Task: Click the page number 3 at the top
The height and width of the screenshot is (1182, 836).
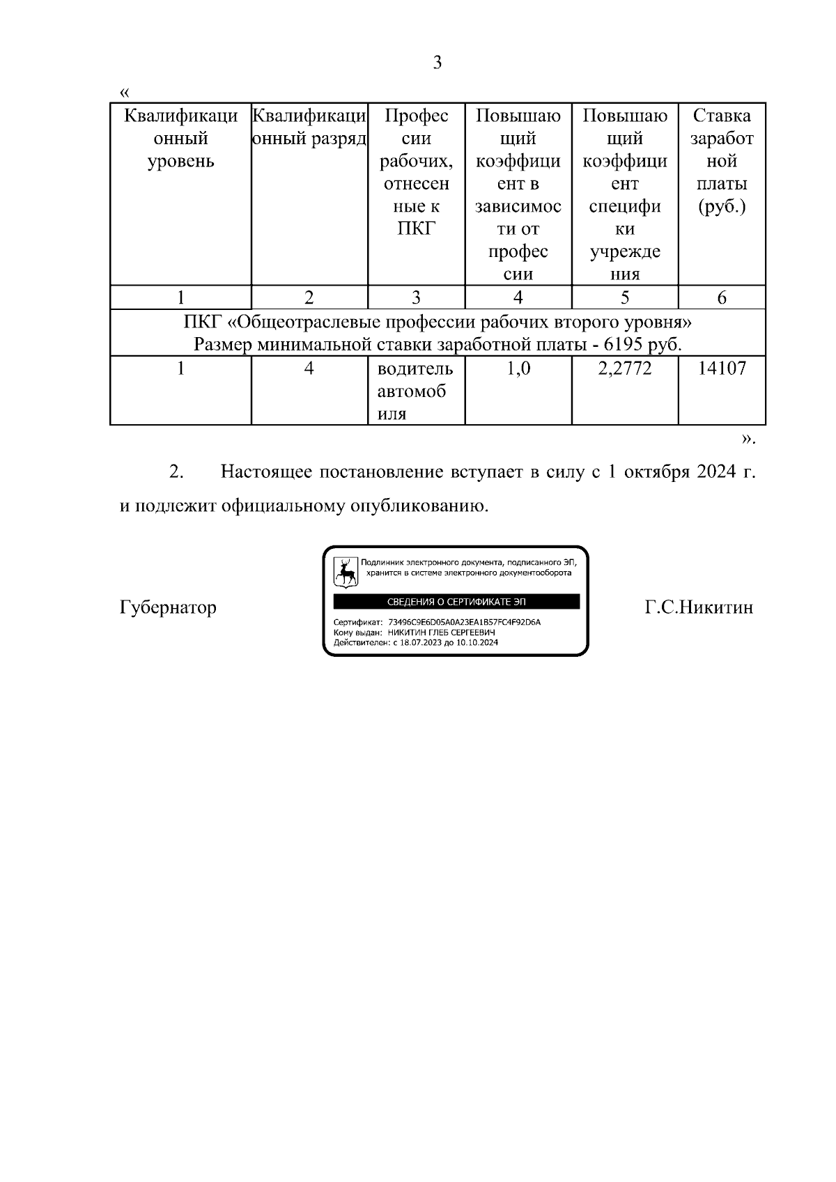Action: coord(438,63)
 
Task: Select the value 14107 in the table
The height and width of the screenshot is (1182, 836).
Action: coord(722,368)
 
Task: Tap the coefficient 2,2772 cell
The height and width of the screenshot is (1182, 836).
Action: coord(625,368)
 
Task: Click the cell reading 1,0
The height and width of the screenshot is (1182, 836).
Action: coord(518,368)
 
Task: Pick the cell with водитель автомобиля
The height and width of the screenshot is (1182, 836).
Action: coord(415,391)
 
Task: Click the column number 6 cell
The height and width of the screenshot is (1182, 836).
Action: coord(722,297)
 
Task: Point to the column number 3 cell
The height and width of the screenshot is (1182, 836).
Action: coord(416,297)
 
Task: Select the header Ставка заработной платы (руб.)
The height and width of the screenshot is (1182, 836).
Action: coord(722,161)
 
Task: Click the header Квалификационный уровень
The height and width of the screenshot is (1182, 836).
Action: coord(180,138)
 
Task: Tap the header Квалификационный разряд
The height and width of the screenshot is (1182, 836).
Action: coord(309,127)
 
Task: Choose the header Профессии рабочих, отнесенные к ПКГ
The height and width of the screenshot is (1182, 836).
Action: coord(416,172)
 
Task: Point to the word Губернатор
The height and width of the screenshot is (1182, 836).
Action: coord(168,607)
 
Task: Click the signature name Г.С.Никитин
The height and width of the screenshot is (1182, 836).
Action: coord(699,607)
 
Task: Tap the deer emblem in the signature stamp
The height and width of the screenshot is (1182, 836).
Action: coord(345,570)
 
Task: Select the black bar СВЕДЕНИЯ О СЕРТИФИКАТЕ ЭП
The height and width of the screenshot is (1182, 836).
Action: coord(456,602)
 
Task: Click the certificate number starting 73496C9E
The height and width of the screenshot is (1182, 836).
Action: coord(464,622)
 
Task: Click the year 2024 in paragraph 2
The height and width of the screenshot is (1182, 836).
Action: coord(713,472)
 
